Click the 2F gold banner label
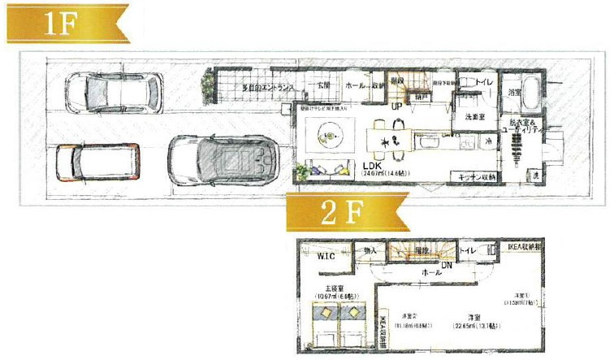[x=341, y=215]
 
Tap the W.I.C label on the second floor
[x=326, y=256]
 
